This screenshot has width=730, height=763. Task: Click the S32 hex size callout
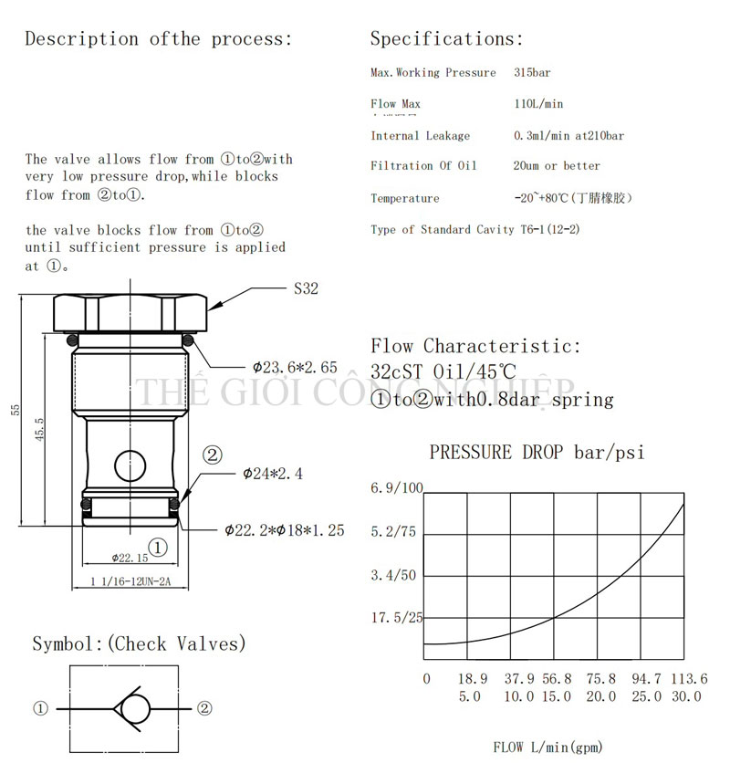pos(306,289)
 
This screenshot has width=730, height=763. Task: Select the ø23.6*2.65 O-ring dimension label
pos(294,368)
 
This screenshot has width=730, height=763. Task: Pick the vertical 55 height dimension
pos(16,409)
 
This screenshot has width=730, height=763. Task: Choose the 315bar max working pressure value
pos(533,72)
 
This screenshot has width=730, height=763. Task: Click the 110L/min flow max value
pos(539,104)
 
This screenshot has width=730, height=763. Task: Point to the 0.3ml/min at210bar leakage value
pos(568,136)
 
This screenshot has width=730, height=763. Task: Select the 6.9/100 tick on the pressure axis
pos(397,489)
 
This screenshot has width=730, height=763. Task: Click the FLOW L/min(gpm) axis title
pos(547,747)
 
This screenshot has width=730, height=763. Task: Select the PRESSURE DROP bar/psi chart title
pos(537,452)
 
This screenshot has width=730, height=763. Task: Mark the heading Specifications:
pos(446,38)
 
